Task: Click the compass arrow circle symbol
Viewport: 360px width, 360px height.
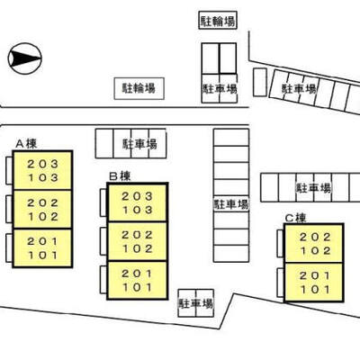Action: pos(24,58)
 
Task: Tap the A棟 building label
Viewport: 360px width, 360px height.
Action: pos(26,144)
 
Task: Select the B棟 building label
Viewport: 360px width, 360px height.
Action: pos(120,176)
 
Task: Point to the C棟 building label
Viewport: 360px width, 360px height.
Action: pos(295,218)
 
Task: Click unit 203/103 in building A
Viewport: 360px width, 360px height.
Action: pos(42,170)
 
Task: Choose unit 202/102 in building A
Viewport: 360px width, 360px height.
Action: pos(42,210)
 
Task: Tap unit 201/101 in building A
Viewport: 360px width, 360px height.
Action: pos(42,248)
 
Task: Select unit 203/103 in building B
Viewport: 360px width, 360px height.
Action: pos(138,202)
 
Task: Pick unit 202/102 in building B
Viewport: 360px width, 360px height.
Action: pos(138,241)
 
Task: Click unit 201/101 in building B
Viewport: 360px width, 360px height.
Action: pos(138,280)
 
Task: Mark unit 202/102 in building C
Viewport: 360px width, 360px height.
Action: pos(314,243)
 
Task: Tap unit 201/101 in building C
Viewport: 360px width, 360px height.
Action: pos(314,282)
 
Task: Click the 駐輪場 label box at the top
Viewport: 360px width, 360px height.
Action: pos(218,21)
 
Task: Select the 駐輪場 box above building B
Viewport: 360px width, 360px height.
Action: pos(139,88)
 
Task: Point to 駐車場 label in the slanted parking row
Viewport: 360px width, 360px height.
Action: pos(299,89)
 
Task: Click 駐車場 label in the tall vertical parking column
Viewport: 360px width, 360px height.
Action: pos(231,204)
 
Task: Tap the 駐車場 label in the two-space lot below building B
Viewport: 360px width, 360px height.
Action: pos(196,303)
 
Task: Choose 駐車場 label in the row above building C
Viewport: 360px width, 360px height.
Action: pos(313,188)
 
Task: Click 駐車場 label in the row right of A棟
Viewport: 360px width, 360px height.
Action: pos(139,144)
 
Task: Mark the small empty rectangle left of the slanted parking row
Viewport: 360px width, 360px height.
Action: pos(260,82)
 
